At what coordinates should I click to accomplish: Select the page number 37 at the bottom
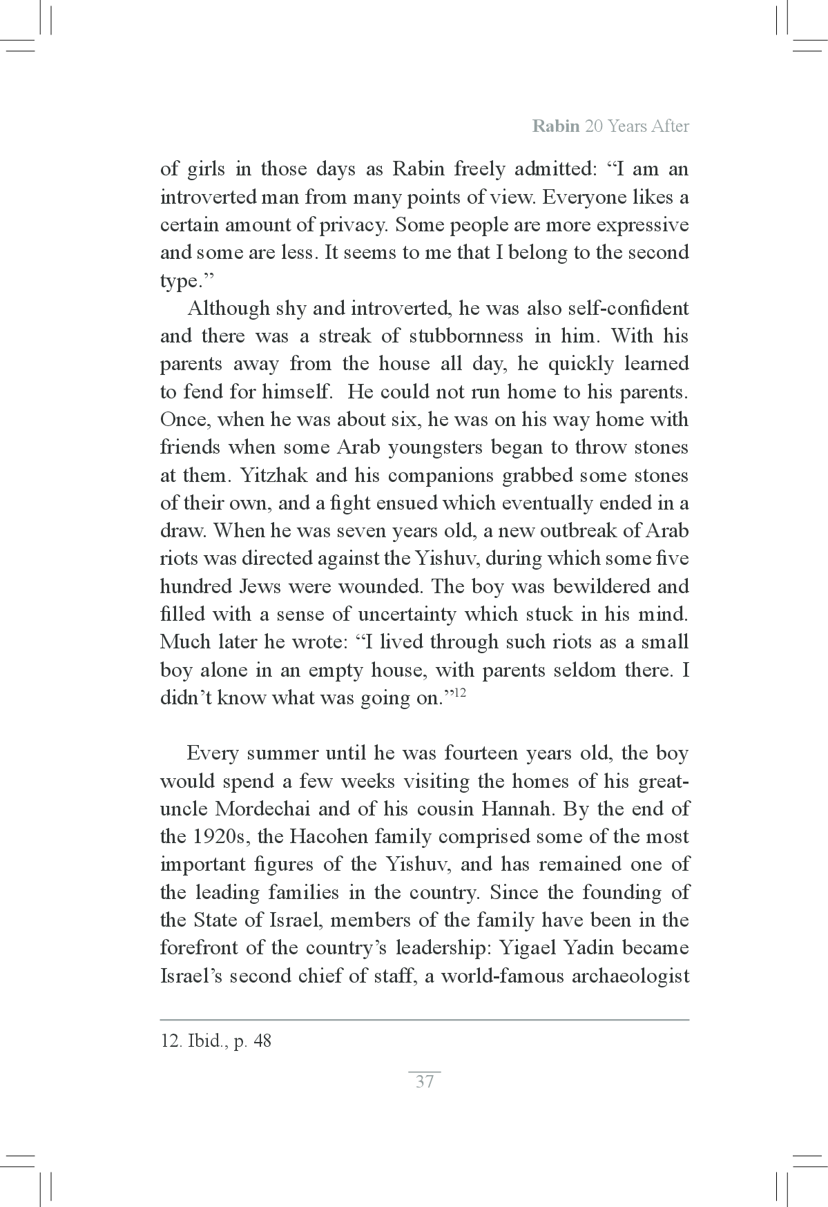click(x=425, y=1081)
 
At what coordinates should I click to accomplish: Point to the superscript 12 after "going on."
click(x=459, y=693)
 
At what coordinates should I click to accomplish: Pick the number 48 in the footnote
click(x=262, y=1041)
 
